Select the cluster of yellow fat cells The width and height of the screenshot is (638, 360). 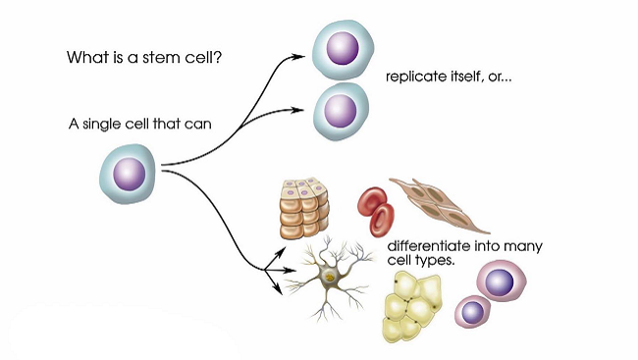click(x=411, y=303)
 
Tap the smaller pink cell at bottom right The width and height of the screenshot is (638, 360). click(x=474, y=312)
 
